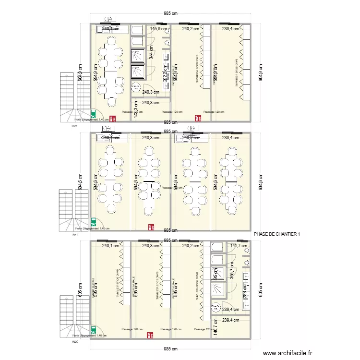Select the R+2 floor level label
pos(74,126)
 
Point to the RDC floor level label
pos(74,342)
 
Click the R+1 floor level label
pos(74,235)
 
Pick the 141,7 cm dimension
pos(239,246)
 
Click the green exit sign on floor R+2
pos(94,115)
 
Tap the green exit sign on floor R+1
pos(94,222)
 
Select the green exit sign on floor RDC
pos(94,330)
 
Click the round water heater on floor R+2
pos(136,87)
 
